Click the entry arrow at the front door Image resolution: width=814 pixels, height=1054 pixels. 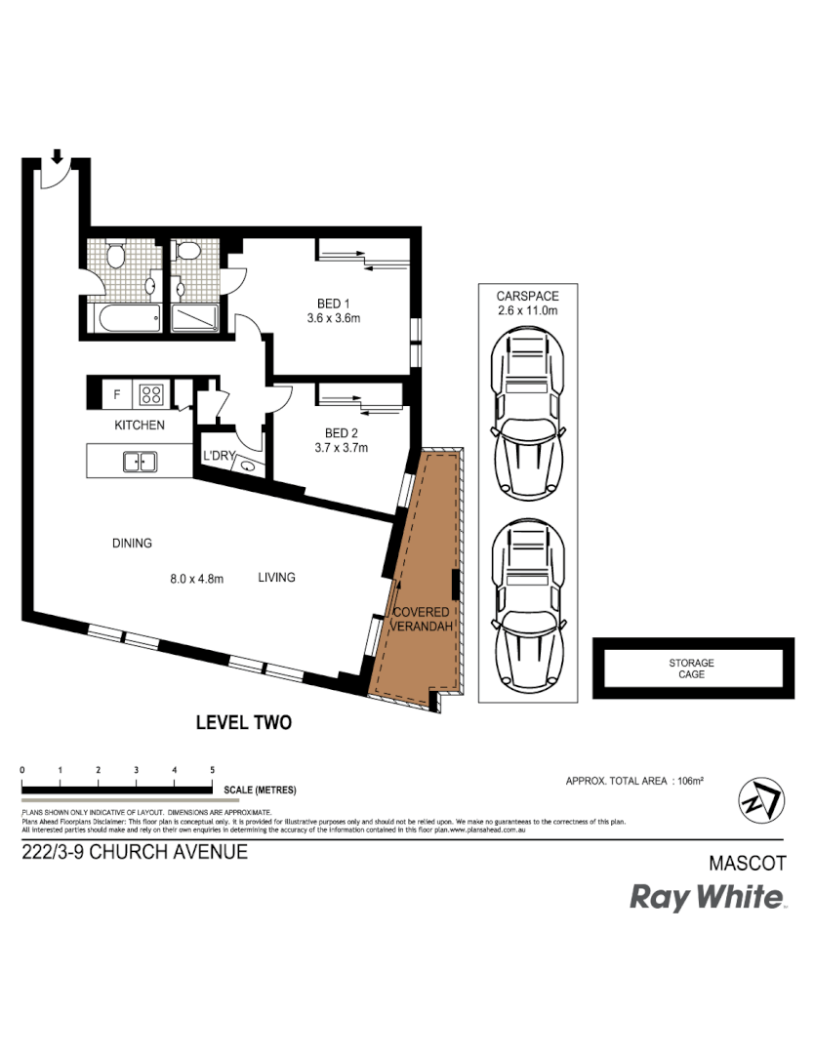click(58, 155)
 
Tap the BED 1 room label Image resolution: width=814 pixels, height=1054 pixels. click(334, 303)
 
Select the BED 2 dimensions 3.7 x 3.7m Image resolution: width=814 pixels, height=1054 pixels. click(340, 449)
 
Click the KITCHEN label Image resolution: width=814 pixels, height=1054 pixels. click(140, 426)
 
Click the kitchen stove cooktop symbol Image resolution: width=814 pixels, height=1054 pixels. click(151, 395)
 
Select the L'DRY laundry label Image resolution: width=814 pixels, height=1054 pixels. click(217, 456)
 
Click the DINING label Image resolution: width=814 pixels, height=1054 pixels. click(132, 544)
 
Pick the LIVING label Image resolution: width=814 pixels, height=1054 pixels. click(276, 578)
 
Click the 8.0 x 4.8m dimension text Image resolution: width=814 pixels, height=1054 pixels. click(197, 579)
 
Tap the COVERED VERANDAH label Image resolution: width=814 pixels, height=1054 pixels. click(422, 620)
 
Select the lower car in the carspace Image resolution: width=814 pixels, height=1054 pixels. click(526, 605)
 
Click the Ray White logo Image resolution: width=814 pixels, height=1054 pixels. click(707, 897)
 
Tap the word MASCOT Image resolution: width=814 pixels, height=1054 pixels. click(746, 864)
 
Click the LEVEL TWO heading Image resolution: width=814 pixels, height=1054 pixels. click(244, 723)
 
